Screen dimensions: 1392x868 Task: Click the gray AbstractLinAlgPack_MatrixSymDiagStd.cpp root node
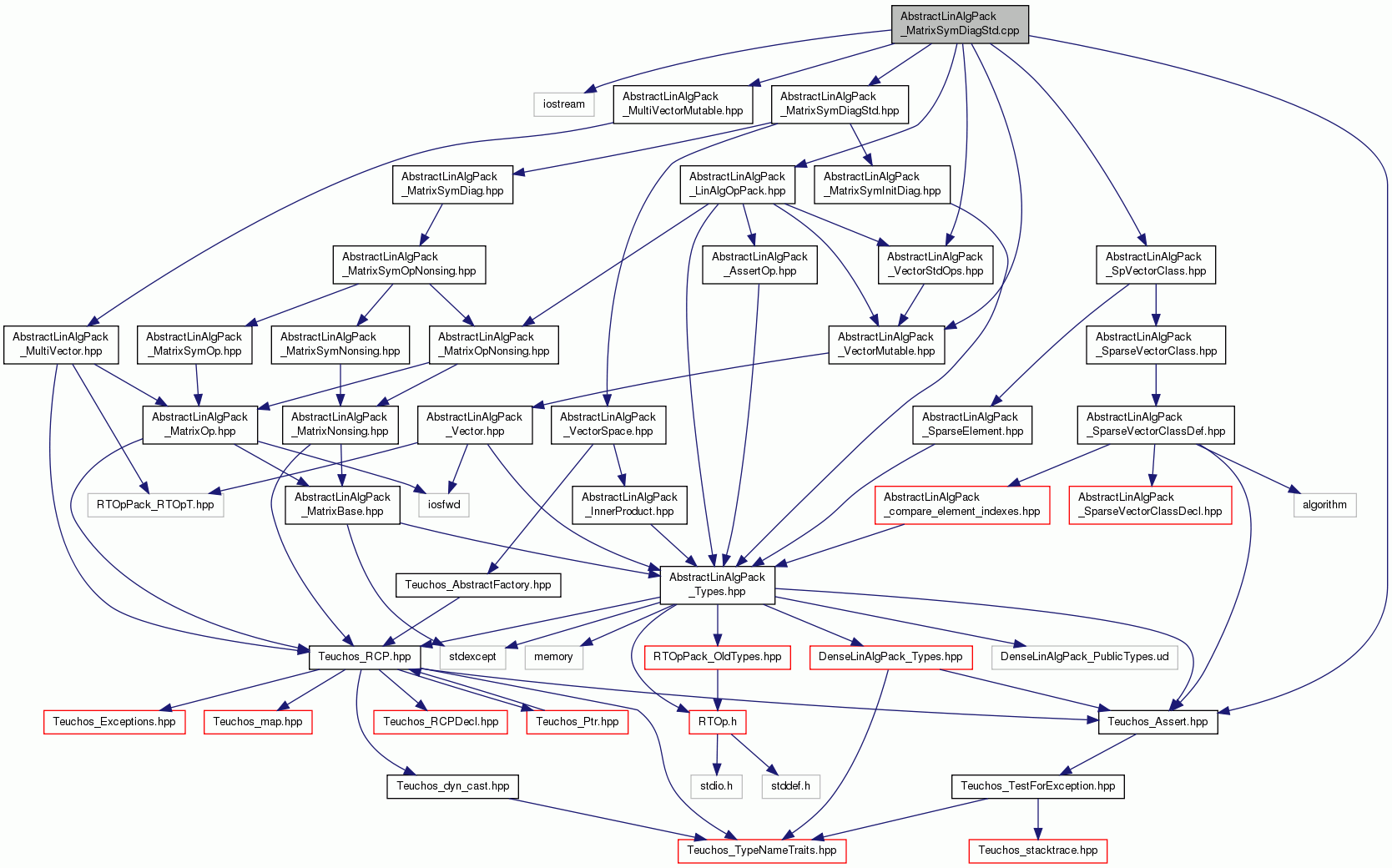click(960, 24)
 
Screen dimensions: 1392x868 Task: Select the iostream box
click(563, 104)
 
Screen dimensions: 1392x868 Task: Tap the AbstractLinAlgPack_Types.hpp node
click(717, 585)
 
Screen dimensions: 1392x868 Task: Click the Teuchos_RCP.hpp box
click(364, 658)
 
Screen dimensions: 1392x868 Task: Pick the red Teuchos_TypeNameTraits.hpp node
click(761, 850)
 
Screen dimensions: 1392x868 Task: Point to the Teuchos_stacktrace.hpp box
click(1038, 850)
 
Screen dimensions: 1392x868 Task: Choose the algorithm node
click(1325, 505)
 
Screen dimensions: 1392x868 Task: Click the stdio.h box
click(717, 786)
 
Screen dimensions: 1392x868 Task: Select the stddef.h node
click(790, 786)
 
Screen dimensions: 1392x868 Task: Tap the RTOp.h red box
click(717, 722)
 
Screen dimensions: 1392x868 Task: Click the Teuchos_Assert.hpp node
click(1157, 722)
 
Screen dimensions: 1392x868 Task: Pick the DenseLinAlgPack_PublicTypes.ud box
click(1084, 658)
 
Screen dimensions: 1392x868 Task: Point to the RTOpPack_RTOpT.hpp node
click(155, 505)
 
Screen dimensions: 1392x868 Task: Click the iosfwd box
click(444, 505)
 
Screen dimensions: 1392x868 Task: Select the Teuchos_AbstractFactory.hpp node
click(478, 585)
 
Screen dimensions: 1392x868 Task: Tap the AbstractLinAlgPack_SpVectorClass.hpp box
click(1156, 265)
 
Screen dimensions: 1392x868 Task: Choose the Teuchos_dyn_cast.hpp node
click(452, 786)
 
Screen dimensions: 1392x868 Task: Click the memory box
click(553, 658)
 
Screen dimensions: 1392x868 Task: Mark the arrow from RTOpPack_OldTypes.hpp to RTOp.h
click(717, 689)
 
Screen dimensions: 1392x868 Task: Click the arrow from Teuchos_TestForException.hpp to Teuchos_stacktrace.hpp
click(1038, 819)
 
